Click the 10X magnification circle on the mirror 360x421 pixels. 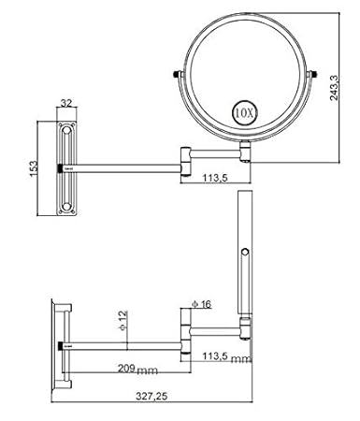(244, 113)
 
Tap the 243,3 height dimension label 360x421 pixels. (334, 88)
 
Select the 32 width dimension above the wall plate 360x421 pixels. (66, 103)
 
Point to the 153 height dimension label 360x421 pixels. (34, 168)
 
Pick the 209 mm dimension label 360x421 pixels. (137, 370)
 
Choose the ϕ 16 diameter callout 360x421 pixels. (201, 304)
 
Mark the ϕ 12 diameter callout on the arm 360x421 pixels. (123, 320)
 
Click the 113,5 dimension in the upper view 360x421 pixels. (215, 178)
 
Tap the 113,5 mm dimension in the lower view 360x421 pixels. (226, 356)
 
